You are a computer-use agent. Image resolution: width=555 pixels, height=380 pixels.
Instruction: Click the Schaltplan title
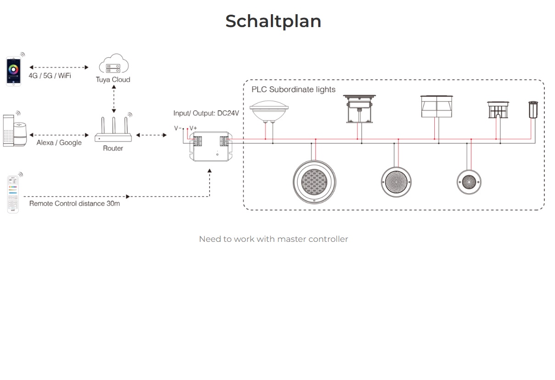tap(273, 21)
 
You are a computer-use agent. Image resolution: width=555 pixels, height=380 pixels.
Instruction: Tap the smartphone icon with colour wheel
tap(14, 71)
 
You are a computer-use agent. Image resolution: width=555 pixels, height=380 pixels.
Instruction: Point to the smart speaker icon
tap(14, 131)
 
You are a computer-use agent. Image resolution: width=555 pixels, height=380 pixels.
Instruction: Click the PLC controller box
tap(212, 146)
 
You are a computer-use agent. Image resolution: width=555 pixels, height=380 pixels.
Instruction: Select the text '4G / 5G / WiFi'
tap(50, 76)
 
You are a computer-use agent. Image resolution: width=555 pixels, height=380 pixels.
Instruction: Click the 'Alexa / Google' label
tap(59, 143)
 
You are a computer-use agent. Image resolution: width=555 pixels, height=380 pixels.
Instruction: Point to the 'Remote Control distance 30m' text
tap(74, 203)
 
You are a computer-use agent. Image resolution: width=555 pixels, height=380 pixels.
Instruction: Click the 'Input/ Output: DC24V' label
tap(206, 113)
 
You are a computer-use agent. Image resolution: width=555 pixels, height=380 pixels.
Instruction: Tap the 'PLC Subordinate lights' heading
tap(293, 89)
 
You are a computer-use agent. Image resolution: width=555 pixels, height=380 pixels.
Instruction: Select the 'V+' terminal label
tap(193, 128)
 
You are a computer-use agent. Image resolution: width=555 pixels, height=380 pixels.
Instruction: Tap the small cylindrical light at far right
tap(533, 110)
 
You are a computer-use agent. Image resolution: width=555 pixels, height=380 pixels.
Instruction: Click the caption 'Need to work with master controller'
tap(274, 239)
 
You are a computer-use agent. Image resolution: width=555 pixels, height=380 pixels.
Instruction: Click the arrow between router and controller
tap(151, 135)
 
